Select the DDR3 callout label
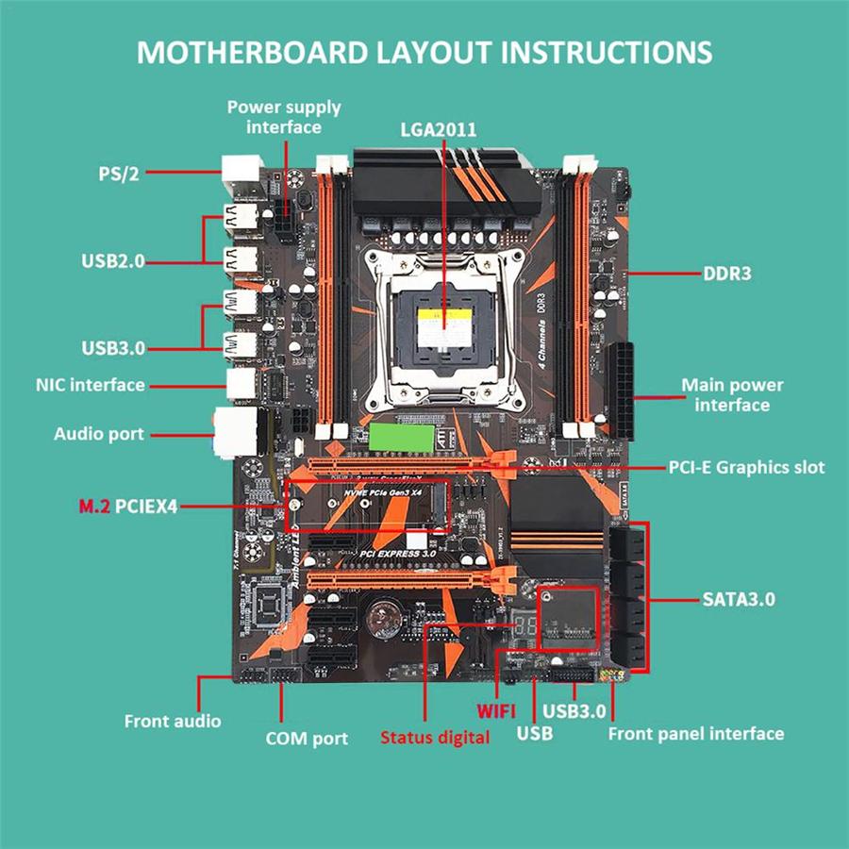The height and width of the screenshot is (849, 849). coord(726,275)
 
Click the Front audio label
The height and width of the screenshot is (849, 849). coord(173,721)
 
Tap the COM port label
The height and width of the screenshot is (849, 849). coord(306,739)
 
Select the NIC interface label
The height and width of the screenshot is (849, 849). coord(91,385)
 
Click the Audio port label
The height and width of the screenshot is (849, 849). coord(99,434)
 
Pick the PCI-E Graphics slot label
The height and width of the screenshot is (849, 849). coord(746,467)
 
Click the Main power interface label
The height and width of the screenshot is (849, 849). coord(732,395)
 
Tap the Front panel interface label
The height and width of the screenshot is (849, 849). coord(696,733)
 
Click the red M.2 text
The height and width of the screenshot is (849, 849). coord(94,508)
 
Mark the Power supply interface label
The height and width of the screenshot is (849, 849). coord(284,117)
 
